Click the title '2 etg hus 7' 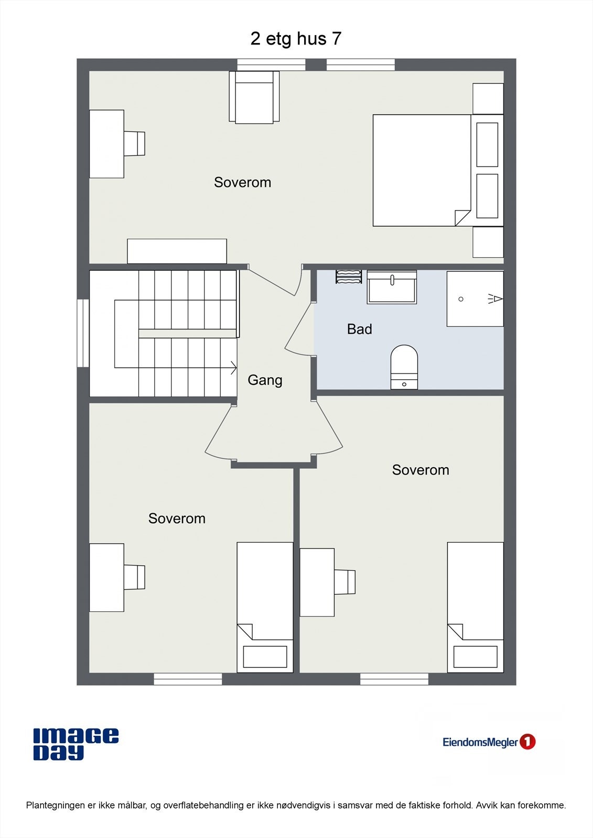[296, 39]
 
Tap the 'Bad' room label [359, 329]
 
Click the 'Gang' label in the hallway [265, 380]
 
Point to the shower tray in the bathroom [475, 299]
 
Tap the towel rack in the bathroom [349, 277]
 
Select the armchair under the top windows [254, 97]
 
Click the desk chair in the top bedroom [134, 144]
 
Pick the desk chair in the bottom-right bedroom [345, 582]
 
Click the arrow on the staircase [232, 368]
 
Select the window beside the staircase [83, 333]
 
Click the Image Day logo [76, 744]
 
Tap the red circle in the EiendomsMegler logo [527, 742]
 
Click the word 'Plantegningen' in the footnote [55, 806]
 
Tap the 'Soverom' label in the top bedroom [242, 183]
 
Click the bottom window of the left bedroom [188, 679]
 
